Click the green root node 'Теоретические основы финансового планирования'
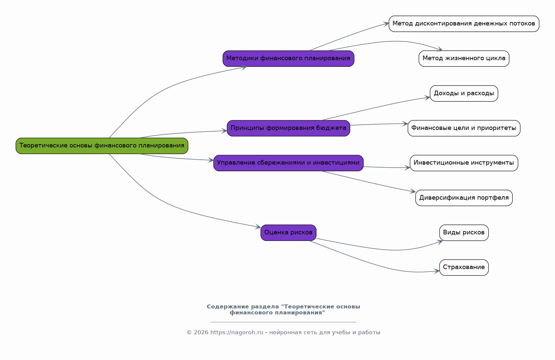pyautogui.click(x=102, y=146)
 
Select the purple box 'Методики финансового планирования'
pyautogui.click(x=288, y=59)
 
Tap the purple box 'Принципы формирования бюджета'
pyautogui.click(x=288, y=128)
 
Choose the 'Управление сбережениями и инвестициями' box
pyautogui.click(x=288, y=163)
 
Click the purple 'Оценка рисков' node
pyautogui.click(x=288, y=233)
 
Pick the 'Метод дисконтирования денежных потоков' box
pyautogui.click(x=464, y=24)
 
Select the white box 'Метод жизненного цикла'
pyautogui.click(x=464, y=59)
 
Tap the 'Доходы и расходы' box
pyautogui.click(x=464, y=94)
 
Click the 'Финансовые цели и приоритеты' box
pyautogui.click(x=464, y=128)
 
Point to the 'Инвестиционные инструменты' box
pyautogui.click(x=464, y=163)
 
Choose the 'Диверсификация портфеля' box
pyautogui.click(x=464, y=198)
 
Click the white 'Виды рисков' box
pyautogui.click(x=464, y=233)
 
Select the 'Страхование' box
pyautogui.click(x=464, y=267)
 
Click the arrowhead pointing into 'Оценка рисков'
pyautogui.click(x=258, y=227)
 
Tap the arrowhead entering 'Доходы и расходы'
pyautogui.click(x=427, y=98)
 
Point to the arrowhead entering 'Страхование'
pyautogui.click(x=437, y=271)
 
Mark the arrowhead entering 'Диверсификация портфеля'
pyautogui.click(x=413, y=191)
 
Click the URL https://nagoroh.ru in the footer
pyautogui.click(x=237, y=332)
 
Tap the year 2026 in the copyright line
pyautogui.click(x=201, y=332)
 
